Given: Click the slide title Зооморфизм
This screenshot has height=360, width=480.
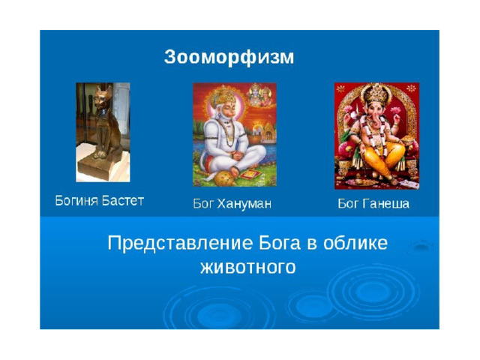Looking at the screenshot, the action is click(x=229, y=57).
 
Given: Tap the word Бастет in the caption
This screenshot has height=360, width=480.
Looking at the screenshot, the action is click(x=122, y=201).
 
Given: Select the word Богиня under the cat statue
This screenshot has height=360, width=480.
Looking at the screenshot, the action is click(x=76, y=201).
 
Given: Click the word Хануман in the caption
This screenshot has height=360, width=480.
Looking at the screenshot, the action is click(x=244, y=203).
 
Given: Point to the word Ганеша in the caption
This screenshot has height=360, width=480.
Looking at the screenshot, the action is click(x=385, y=203).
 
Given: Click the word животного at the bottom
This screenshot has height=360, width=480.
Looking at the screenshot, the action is click(x=248, y=267).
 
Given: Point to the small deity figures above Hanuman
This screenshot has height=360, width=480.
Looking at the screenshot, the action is click(x=260, y=94).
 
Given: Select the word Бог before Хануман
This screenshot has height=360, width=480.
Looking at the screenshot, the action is click(x=202, y=203).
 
